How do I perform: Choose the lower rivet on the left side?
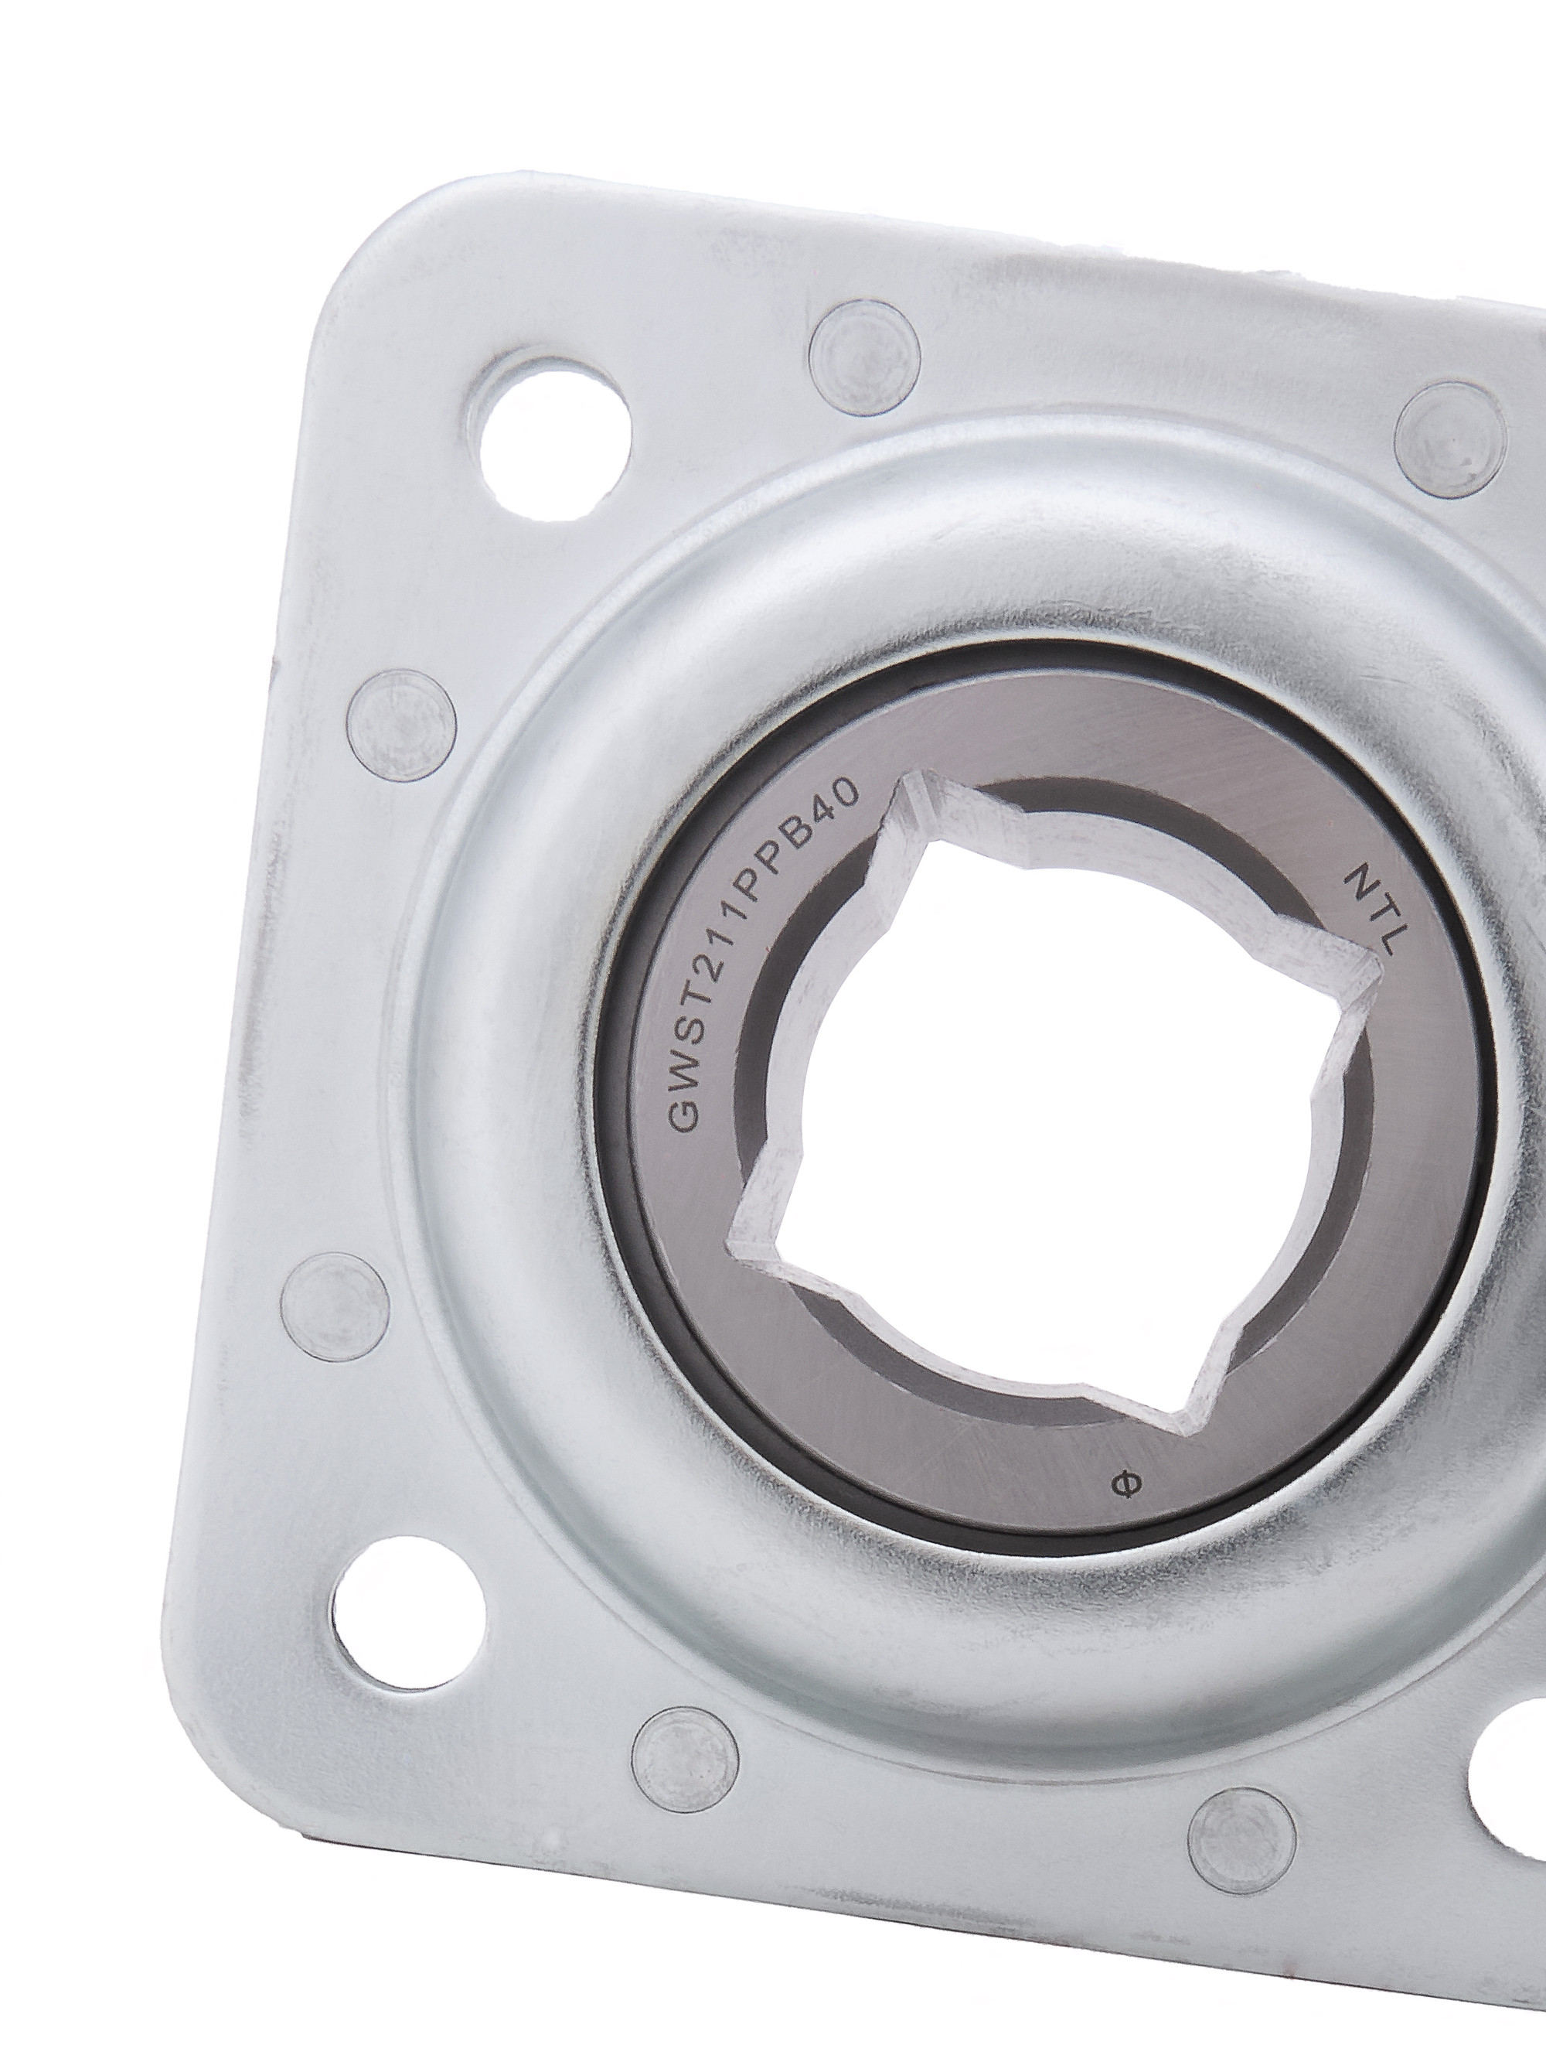pyautogui.click(x=335, y=1307)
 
